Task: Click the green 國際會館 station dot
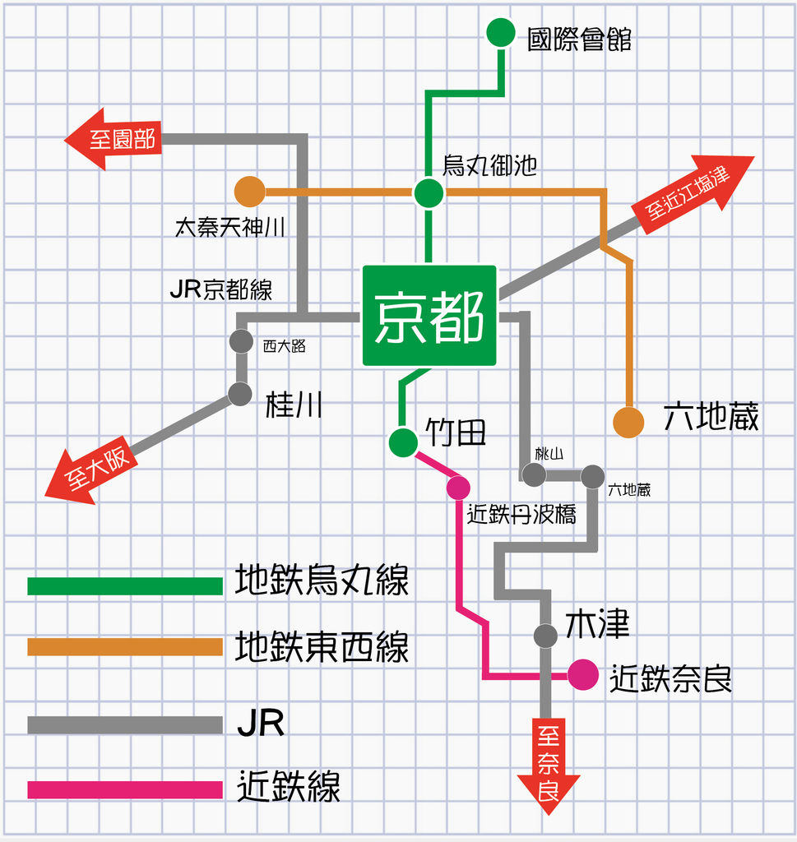pos(501,33)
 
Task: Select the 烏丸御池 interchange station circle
pos(429,192)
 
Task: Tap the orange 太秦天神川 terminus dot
pos(250,192)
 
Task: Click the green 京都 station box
pos(429,316)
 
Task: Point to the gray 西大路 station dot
pos(241,341)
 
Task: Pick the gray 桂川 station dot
pos(239,395)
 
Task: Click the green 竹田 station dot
pos(403,442)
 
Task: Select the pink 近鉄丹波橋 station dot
pos(458,488)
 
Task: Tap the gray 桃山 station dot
pos(534,475)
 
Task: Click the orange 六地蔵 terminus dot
pos(628,422)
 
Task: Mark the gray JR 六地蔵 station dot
pos(592,477)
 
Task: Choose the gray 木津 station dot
pos(545,636)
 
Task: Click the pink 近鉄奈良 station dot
pos(582,674)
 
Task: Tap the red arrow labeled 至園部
pos(114,139)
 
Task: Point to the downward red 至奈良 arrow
pos(549,766)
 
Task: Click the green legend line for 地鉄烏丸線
pos(125,585)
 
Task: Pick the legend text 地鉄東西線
pos(322,646)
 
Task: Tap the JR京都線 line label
pos(221,289)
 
